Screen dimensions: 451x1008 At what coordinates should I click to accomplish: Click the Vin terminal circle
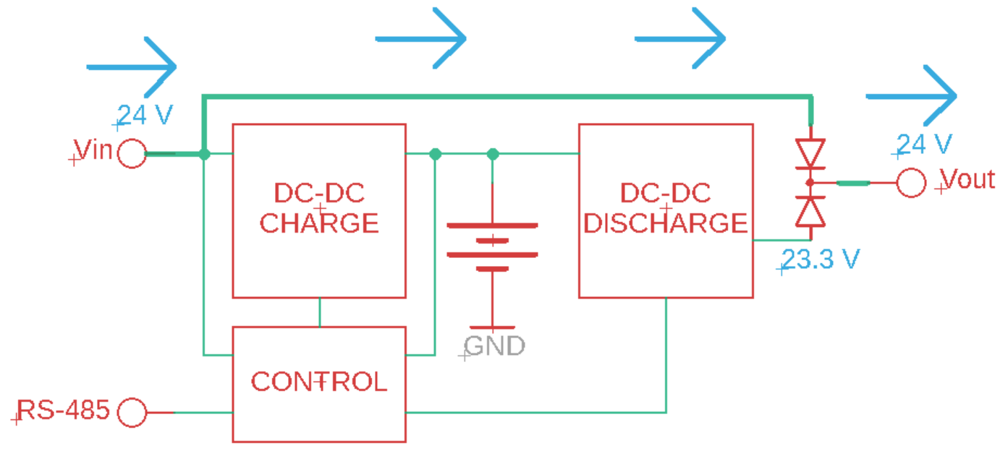(132, 153)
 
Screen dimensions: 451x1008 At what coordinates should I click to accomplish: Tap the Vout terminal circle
(911, 183)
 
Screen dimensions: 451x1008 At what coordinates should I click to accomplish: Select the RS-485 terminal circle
(132, 413)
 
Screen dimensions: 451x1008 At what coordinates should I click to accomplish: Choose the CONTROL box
(318, 384)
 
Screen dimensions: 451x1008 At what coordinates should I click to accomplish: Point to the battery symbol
(492, 246)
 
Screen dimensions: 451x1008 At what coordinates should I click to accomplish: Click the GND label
(495, 346)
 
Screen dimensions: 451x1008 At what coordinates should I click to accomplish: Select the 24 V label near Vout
(924, 145)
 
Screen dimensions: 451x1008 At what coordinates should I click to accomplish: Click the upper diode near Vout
(810, 154)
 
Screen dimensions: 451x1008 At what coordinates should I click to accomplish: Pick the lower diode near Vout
(810, 211)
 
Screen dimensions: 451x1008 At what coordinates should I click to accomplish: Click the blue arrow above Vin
(132, 67)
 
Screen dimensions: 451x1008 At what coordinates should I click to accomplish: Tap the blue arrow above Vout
(912, 95)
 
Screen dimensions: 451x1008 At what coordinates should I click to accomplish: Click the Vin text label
(94, 151)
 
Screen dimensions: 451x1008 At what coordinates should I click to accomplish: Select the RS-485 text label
(64, 411)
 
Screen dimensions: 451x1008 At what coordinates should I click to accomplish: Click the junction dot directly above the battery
(493, 154)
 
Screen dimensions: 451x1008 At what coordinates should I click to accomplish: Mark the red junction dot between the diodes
(810, 182)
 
